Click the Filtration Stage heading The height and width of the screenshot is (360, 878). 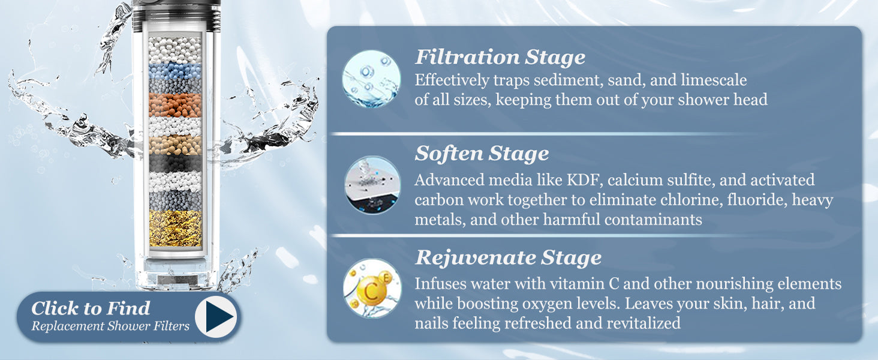pyautogui.click(x=500, y=57)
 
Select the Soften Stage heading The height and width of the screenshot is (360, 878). pyautogui.click(x=482, y=154)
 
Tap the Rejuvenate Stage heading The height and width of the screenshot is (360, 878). pyautogui.click(x=509, y=257)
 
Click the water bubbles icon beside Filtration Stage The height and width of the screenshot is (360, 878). pyautogui.click(x=371, y=79)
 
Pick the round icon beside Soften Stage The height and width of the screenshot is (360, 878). pyautogui.click(x=372, y=185)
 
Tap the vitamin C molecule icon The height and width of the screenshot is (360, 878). pyautogui.click(x=372, y=288)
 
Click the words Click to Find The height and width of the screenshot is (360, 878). pyautogui.click(x=91, y=308)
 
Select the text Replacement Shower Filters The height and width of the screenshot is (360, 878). pyautogui.click(x=110, y=326)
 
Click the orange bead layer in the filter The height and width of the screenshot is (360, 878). pyautogui.click(x=175, y=105)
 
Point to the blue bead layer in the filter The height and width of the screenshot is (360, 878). pyautogui.click(x=175, y=71)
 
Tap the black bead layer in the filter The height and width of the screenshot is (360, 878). pyautogui.click(x=175, y=163)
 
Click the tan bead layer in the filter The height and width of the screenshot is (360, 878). pyautogui.click(x=175, y=145)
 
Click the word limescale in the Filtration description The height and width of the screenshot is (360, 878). pyautogui.click(x=714, y=80)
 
